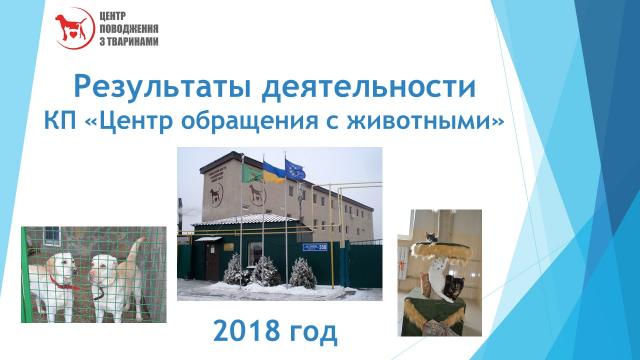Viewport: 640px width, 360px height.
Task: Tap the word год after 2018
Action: tap(324, 328)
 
